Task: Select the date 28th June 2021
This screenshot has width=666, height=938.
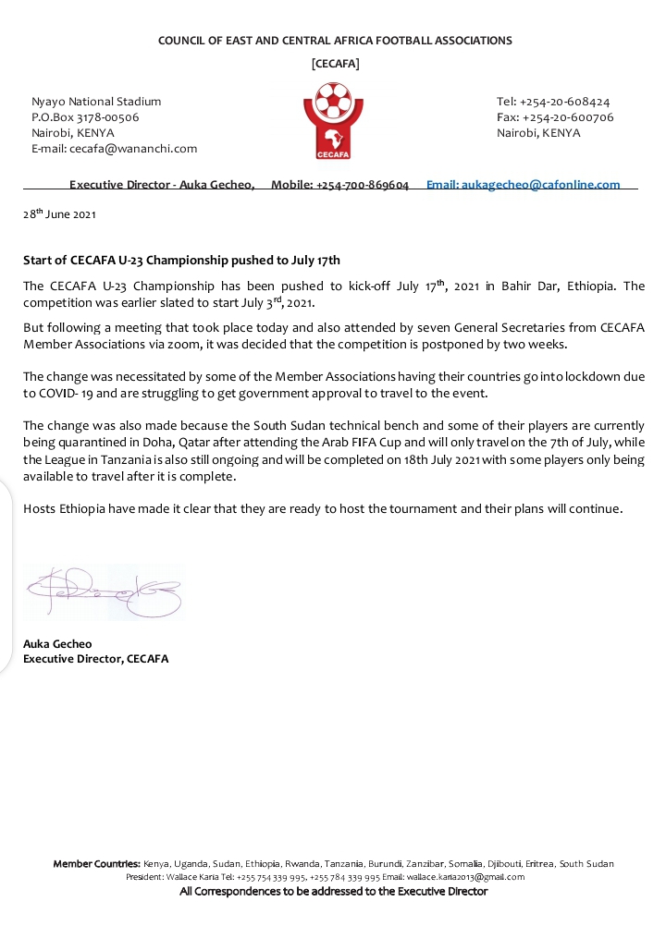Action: point(59,214)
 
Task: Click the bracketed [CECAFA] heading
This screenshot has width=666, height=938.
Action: point(335,64)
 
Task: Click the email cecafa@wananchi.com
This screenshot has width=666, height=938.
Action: point(115,149)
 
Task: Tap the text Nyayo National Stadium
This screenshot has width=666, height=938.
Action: point(96,102)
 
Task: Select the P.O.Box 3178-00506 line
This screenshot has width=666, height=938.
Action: point(85,117)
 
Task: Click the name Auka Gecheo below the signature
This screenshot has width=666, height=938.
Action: point(56,643)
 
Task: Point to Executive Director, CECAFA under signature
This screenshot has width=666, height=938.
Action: point(96,659)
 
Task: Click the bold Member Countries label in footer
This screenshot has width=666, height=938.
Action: point(97,864)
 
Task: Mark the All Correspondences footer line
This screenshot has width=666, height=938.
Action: point(333,892)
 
